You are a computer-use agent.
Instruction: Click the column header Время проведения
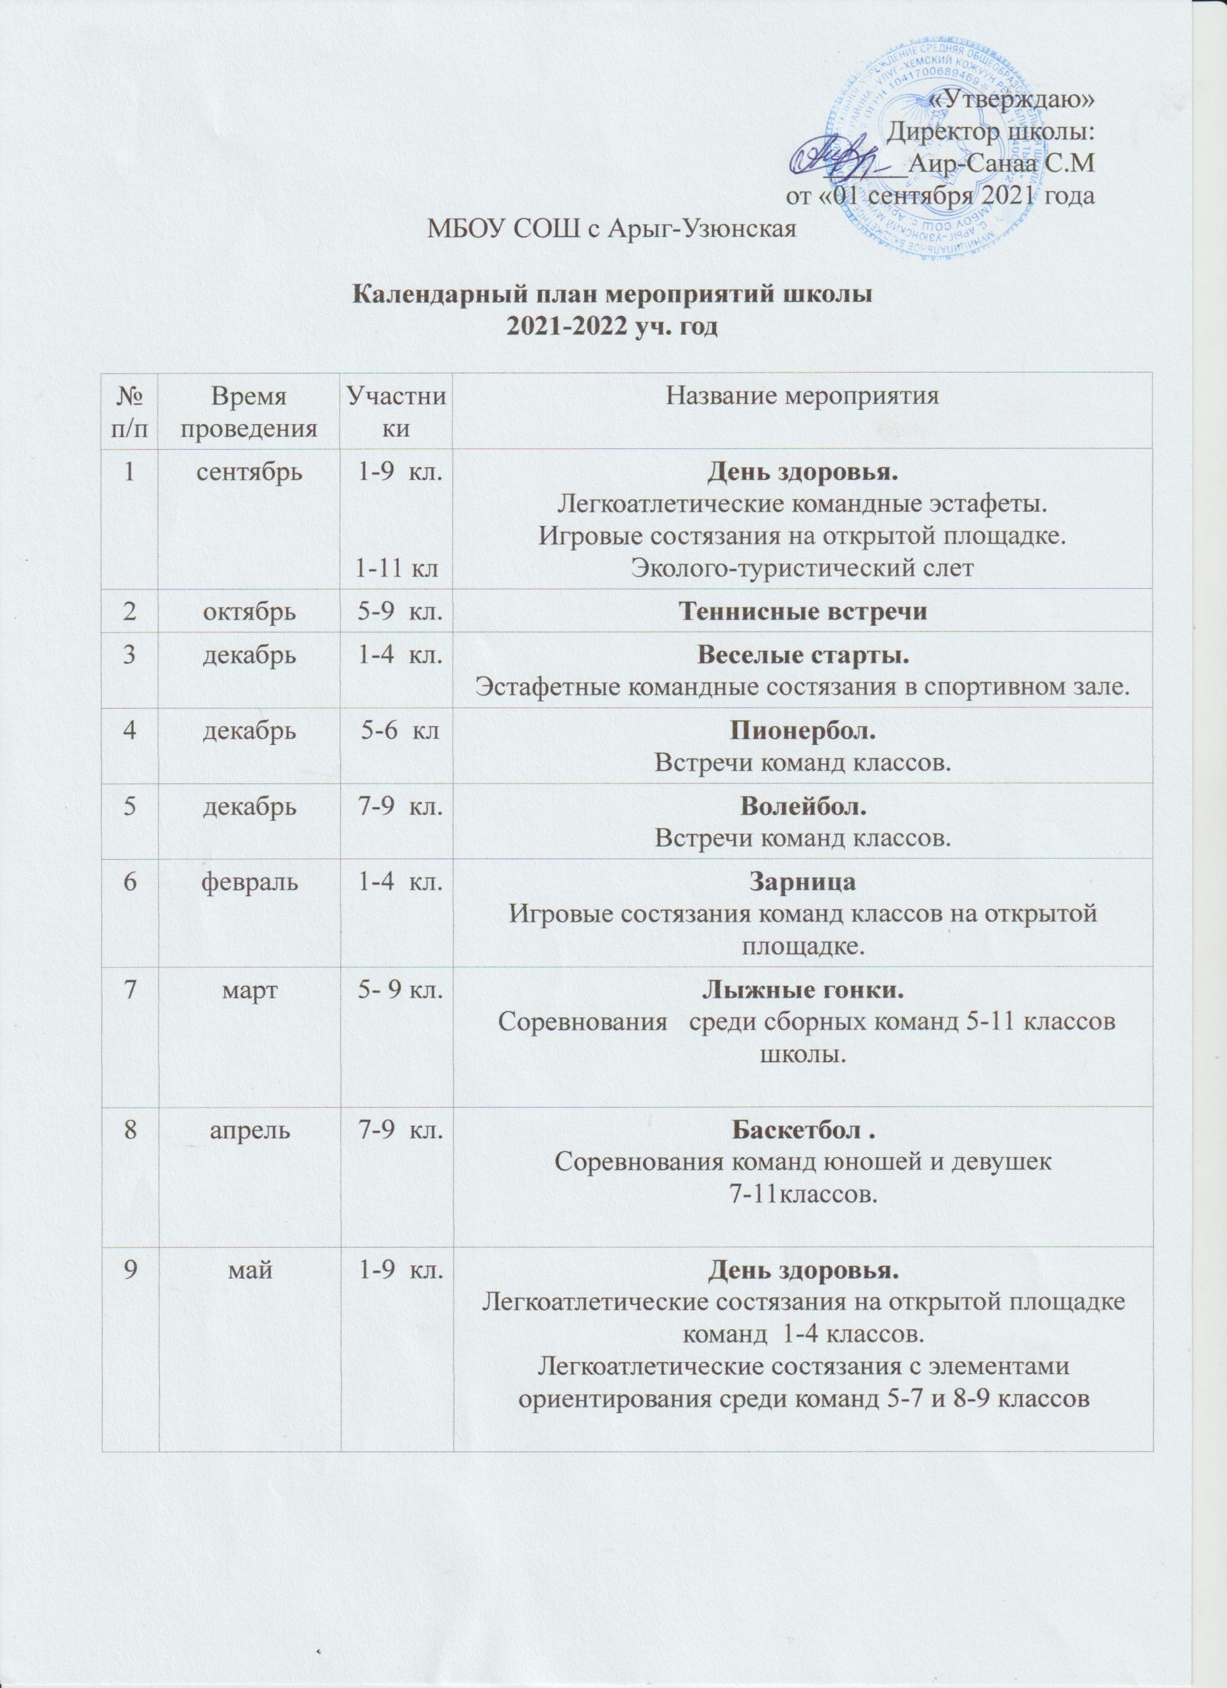point(249,412)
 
